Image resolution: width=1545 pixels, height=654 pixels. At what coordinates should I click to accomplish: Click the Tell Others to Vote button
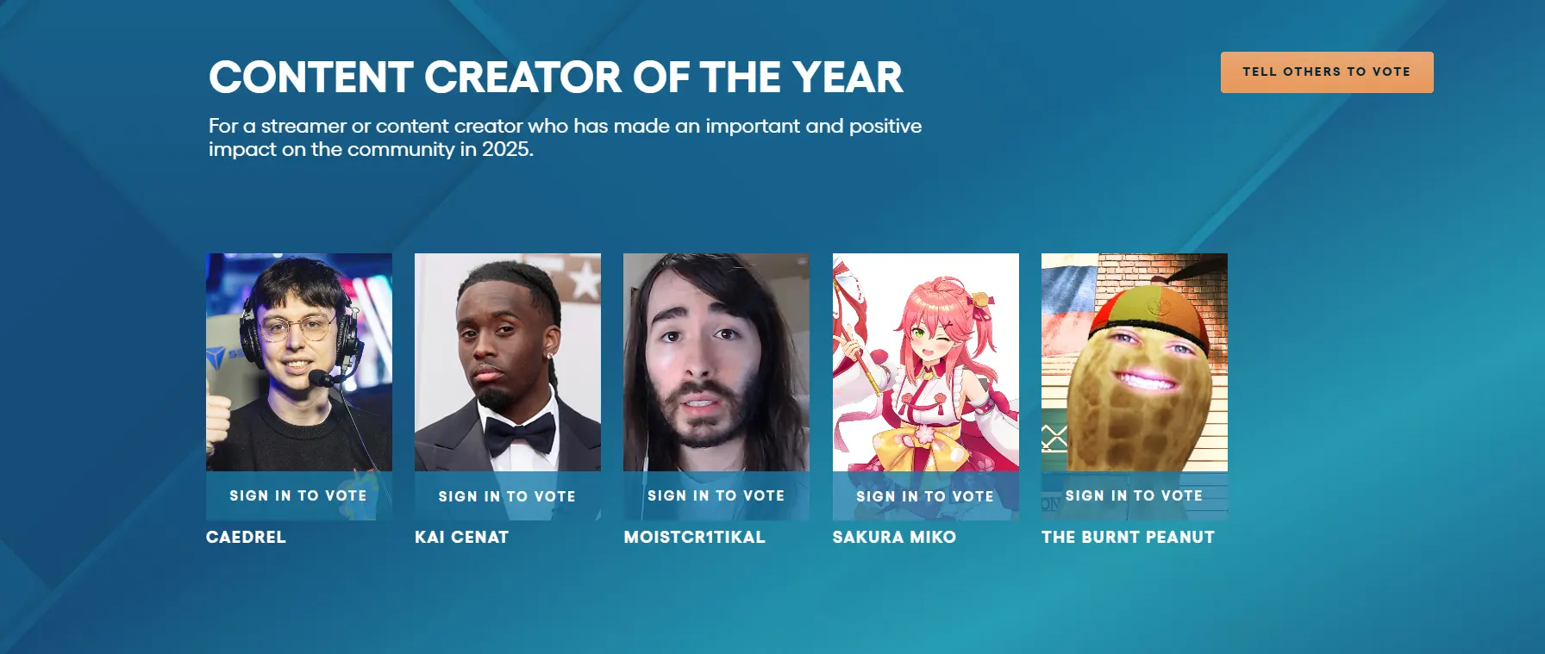[x=1327, y=72]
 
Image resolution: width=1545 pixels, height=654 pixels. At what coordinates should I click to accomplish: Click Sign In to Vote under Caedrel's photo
[x=298, y=495]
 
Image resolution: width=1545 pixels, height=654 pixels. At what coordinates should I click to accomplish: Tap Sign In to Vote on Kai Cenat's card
[x=507, y=496]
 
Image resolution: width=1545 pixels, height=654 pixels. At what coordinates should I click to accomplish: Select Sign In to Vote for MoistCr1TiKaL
[x=716, y=495]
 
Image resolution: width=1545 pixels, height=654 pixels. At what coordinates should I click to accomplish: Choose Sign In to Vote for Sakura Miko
[x=925, y=496]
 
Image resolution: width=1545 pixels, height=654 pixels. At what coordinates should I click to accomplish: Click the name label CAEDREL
[x=246, y=537]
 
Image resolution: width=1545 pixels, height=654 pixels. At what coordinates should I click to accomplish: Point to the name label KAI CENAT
[x=462, y=537]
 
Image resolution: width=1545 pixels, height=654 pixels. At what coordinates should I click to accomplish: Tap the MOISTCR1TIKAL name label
[x=695, y=537]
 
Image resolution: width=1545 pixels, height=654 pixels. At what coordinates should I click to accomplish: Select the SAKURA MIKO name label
[x=894, y=537]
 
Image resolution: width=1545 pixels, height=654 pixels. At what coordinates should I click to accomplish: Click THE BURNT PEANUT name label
[x=1128, y=537]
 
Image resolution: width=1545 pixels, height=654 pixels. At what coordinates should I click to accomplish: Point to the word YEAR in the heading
[x=848, y=77]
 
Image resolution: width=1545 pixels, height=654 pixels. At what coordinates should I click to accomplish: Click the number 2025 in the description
[x=507, y=149]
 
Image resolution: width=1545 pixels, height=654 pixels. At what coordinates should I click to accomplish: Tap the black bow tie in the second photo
[x=519, y=433]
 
